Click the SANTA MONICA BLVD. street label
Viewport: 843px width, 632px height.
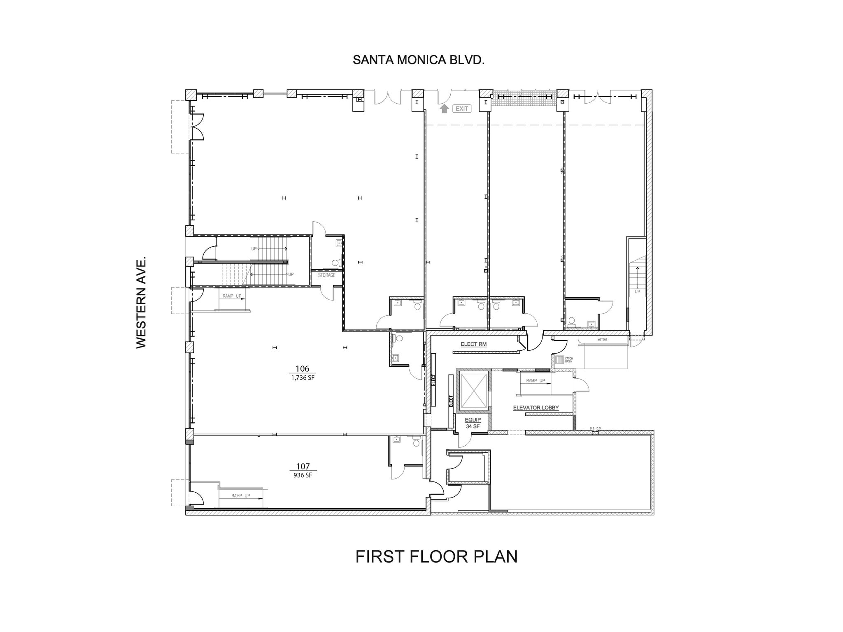pos(418,60)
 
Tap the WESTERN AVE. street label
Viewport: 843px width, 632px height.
pos(141,303)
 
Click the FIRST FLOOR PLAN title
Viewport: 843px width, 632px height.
pos(436,557)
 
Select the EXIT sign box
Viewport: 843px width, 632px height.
pos(461,109)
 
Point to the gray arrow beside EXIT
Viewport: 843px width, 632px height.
pos(444,109)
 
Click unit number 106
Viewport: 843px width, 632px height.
pos(302,369)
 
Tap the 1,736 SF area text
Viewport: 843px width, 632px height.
pos(303,377)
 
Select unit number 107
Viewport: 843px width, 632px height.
pos(303,466)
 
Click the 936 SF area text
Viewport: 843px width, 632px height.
pos(303,475)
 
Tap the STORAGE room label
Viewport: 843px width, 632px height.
pos(326,275)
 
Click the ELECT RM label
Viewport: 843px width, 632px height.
pos(473,344)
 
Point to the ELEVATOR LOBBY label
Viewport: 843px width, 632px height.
pos(536,408)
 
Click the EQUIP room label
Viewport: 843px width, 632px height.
pos(473,420)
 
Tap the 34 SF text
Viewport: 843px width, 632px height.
pos(473,426)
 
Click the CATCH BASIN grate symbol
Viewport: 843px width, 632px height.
pos(559,360)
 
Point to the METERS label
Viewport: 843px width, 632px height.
pos(602,340)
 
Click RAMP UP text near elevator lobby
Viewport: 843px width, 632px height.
pos(536,381)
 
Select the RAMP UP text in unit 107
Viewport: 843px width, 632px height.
pos(240,496)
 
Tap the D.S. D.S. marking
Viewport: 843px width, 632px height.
pos(595,428)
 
